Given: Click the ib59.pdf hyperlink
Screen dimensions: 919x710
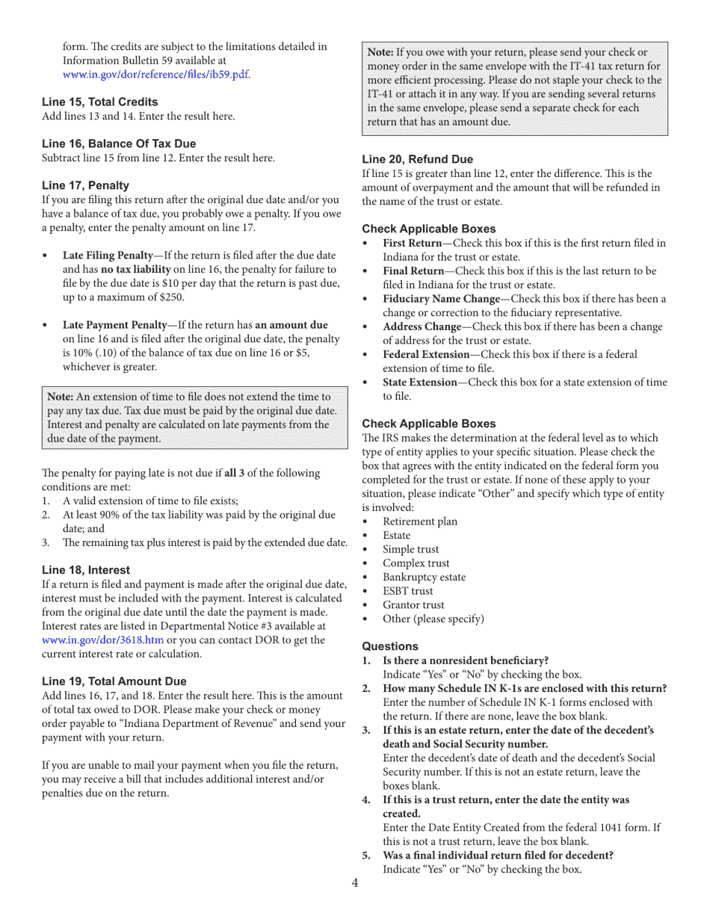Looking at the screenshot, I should (156, 74).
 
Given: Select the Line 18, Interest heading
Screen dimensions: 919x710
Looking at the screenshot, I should (85, 570).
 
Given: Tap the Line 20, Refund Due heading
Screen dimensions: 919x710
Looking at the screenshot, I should (417, 159).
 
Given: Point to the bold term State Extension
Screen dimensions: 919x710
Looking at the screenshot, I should (419, 383).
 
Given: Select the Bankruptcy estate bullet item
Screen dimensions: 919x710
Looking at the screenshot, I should (424, 577).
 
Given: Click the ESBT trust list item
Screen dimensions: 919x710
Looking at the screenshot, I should (407, 591).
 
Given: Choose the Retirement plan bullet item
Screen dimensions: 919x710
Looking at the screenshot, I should (420, 522).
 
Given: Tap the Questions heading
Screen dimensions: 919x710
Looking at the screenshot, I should (390, 646).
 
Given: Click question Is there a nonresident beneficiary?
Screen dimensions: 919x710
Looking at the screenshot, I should (466, 660).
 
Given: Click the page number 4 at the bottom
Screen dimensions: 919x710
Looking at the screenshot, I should (355, 883).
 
